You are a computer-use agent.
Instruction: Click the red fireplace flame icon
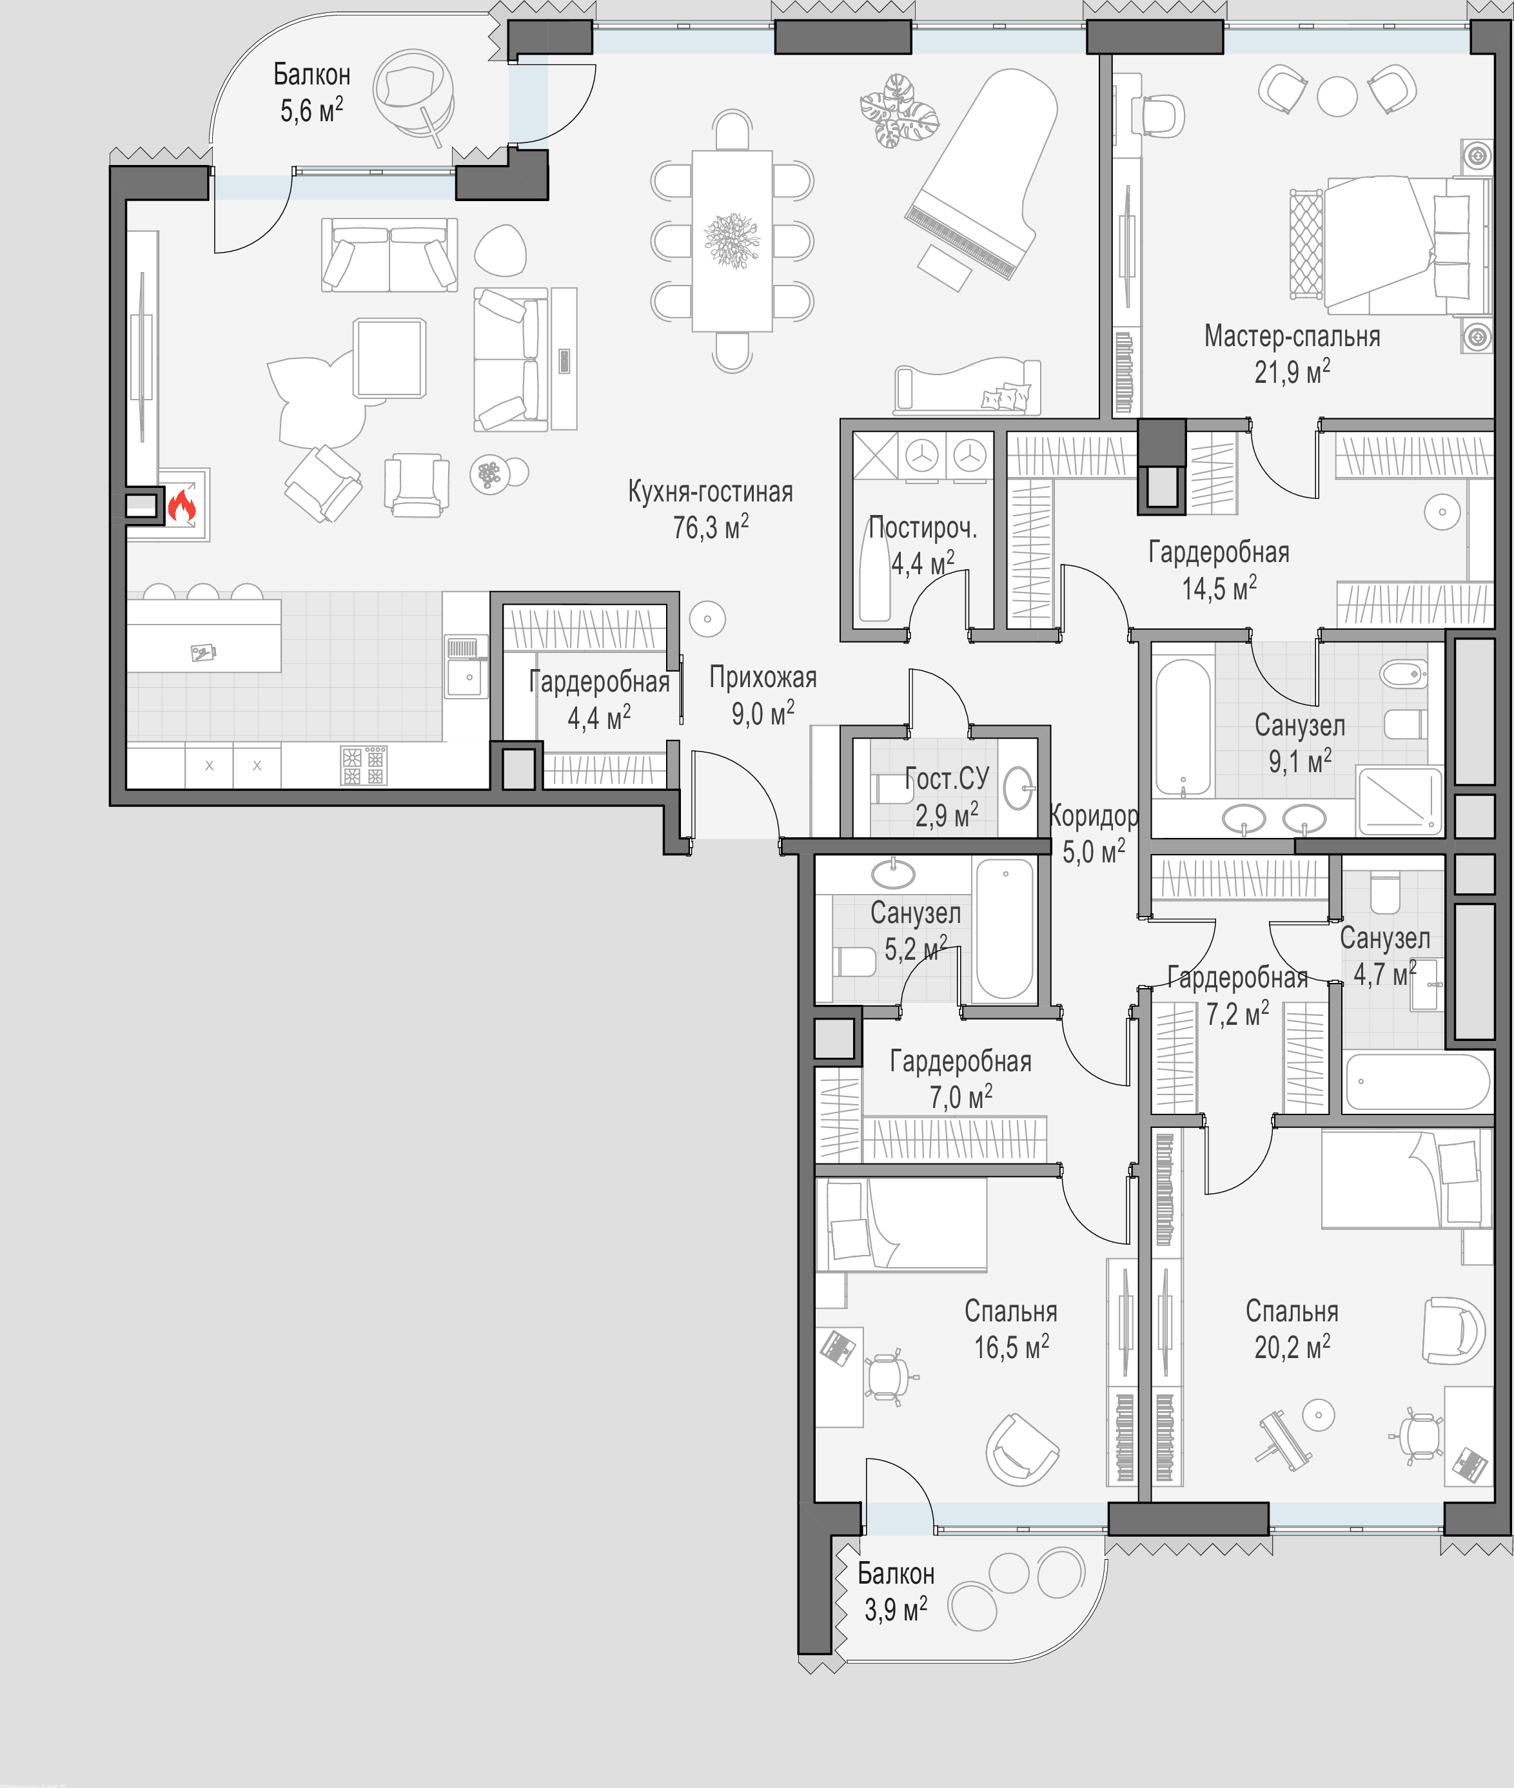click(182, 506)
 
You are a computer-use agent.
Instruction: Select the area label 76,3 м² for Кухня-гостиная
click(711, 527)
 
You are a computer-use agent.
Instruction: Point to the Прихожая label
click(763, 678)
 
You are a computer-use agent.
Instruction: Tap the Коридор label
click(1094, 815)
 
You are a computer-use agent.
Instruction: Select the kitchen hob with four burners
click(364, 765)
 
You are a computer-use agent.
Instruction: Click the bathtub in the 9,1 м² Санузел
click(1183, 728)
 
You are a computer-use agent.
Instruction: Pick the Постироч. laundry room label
click(923, 528)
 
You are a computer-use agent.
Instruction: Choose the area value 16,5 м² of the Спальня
click(1011, 1348)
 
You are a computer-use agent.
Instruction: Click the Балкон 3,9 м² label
click(896, 1591)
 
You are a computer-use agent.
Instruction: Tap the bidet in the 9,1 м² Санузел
click(1402, 674)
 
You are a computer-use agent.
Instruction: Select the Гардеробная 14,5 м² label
click(1219, 570)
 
